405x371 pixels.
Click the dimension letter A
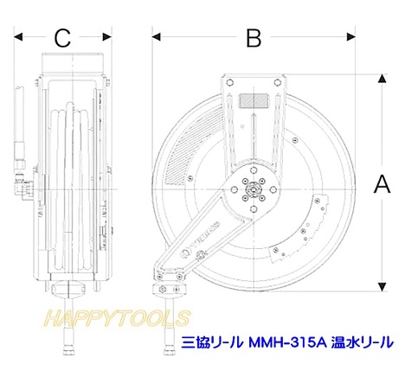[382, 184]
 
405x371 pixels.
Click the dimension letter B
[254, 38]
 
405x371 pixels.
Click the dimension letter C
[62, 38]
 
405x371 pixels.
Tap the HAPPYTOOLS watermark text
[117, 318]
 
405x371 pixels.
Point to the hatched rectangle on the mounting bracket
[254, 101]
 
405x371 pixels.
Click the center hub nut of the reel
[254, 189]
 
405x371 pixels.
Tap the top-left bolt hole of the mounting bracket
[230, 83]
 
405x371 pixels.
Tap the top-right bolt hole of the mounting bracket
[277, 83]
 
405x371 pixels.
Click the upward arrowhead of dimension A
[382, 79]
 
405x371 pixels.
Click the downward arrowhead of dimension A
[382, 287]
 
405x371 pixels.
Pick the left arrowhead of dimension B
[156, 37]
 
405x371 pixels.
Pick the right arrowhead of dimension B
[351, 37]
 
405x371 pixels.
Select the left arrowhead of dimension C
[18, 37]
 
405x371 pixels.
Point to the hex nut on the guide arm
[200, 254]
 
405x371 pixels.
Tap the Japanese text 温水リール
[363, 342]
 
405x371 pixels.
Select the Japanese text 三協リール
[212, 342]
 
